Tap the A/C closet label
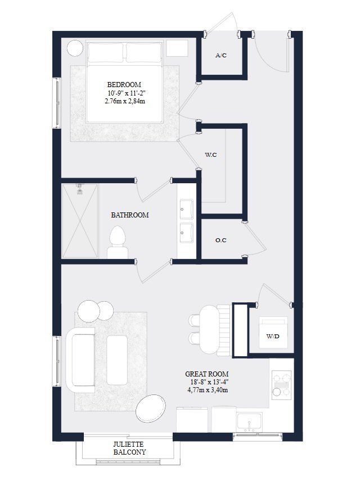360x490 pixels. coord(221,56)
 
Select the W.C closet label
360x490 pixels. coord(211,155)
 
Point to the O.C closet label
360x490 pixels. coord(221,241)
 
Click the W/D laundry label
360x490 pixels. coord(273,336)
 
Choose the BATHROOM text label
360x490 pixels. coord(130,215)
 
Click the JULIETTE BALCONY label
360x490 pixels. coord(129,447)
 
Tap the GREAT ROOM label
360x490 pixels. coord(207,374)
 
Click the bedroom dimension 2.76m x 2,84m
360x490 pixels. coord(124,102)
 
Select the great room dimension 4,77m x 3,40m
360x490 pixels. coord(207,392)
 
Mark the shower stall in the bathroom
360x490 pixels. coord(79,221)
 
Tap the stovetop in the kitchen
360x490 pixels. coord(281,384)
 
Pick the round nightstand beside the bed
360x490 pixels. coord(75,48)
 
